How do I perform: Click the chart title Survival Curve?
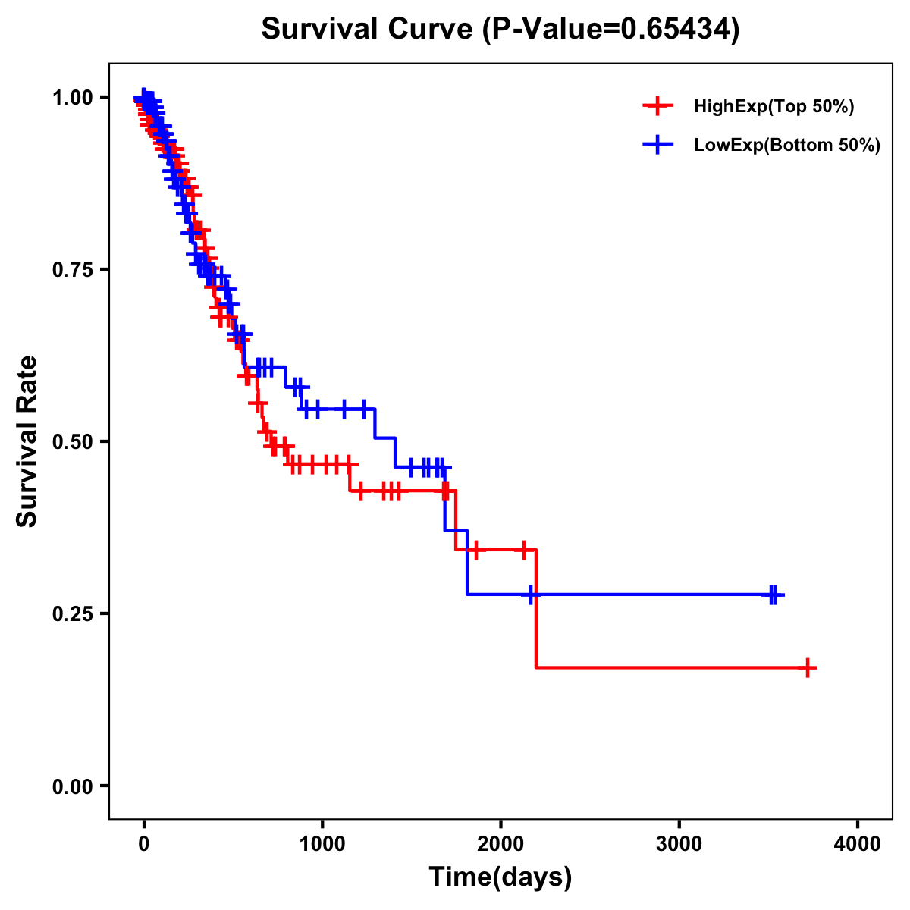pyautogui.click(x=368, y=30)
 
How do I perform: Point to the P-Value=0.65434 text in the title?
pyautogui.click(x=611, y=30)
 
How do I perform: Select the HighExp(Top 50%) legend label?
pyautogui.click(x=773, y=107)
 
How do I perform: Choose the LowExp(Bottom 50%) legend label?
pyautogui.click(x=787, y=145)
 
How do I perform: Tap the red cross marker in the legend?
pyautogui.click(x=657, y=106)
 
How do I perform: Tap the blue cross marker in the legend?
pyautogui.click(x=657, y=144)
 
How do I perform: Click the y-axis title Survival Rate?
pyautogui.click(x=27, y=441)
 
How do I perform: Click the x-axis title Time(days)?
pyautogui.click(x=500, y=877)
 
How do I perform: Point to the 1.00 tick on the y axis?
pyautogui.click(x=72, y=98)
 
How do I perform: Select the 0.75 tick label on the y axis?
pyautogui.click(x=72, y=270)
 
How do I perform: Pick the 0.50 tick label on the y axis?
pyautogui.click(x=72, y=441)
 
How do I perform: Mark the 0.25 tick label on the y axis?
pyautogui.click(x=72, y=613)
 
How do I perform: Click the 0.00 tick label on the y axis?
pyautogui.click(x=72, y=786)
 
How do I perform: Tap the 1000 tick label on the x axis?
pyautogui.click(x=322, y=843)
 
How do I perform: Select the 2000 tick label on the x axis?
pyautogui.click(x=500, y=843)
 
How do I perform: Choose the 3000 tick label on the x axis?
pyautogui.click(x=679, y=843)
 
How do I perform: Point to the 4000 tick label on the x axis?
pyautogui.click(x=857, y=843)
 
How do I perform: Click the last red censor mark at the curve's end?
pyautogui.click(x=808, y=667)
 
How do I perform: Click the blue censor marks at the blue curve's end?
pyautogui.click(x=773, y=595)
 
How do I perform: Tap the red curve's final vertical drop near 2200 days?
pyautogui.click(x=535, y=607)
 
